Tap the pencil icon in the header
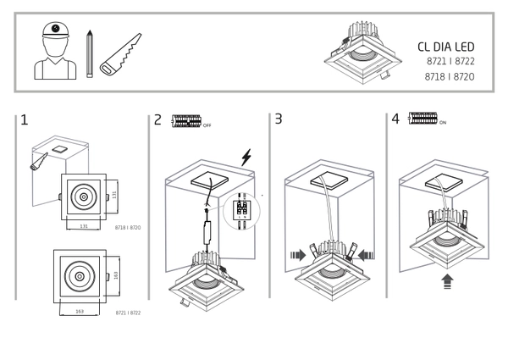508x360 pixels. (89, 54)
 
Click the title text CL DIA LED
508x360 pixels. (446, 47)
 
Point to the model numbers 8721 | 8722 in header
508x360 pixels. (449, 62)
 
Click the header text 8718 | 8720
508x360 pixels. (449, 76)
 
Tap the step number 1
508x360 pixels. (25, 119)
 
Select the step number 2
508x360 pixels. (157, 119)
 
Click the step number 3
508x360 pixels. (278, 119)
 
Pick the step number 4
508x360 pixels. (395, 119)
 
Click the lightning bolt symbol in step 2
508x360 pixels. (246, 157)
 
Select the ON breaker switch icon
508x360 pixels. (422, 119)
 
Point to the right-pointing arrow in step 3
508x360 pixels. (298, 252)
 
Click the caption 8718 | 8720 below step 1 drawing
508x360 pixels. (127, 228)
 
